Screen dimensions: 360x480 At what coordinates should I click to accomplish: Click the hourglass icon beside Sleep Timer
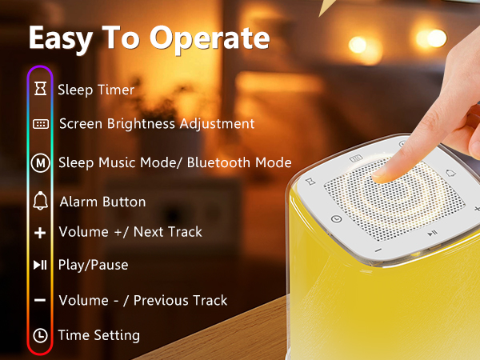coord(40,90)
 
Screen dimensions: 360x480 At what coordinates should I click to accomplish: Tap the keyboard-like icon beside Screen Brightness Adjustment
coord(40,124)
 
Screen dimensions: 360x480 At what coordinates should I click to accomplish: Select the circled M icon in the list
coord(40,162)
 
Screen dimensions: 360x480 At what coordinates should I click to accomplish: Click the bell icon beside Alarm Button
coord(40,201)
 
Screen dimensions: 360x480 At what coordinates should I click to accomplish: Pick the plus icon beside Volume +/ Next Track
coord(40,233)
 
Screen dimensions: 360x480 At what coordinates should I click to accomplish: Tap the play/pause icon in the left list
coord(40,265)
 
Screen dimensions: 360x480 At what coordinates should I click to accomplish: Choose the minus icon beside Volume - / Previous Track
coord(40,300)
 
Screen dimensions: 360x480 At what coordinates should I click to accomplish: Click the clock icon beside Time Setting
coord(40,335)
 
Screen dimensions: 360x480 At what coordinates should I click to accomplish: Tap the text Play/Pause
coord(94,265)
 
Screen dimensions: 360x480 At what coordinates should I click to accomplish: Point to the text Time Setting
coord(99,335)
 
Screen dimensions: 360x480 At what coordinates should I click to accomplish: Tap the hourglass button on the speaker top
coord(308,182)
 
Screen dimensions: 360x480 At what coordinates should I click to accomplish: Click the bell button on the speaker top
coord(450,174)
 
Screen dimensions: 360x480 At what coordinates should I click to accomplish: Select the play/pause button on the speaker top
coord(431,233)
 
